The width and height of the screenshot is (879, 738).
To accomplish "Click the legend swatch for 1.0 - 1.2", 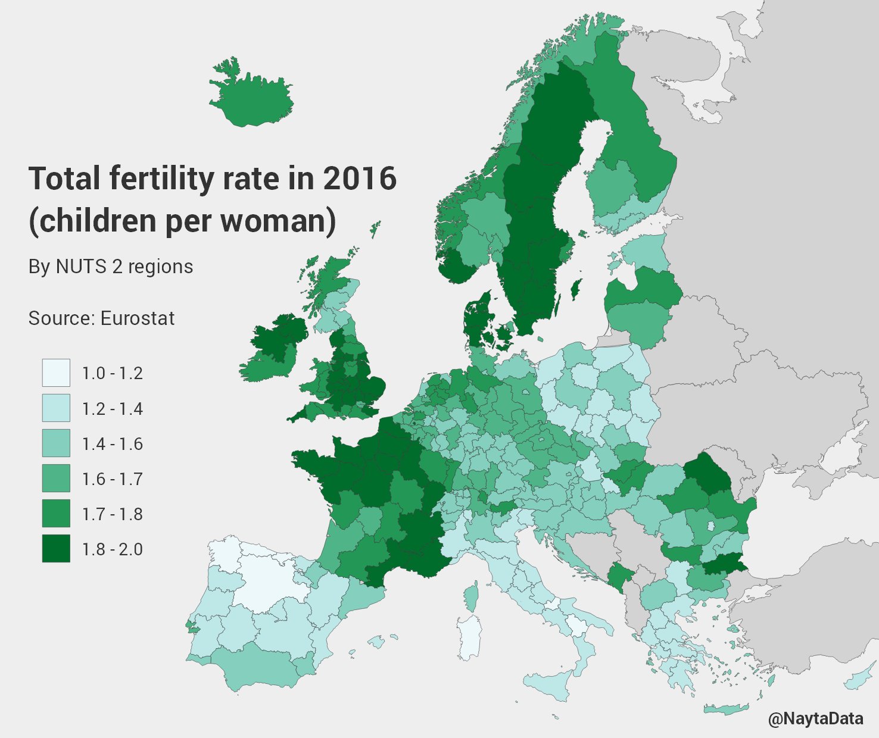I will click(x=56, y=373).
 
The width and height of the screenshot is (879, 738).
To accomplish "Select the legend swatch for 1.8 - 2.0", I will click(x=56, y=549).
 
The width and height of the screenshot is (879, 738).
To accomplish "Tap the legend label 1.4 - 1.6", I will click(x=112, y=444).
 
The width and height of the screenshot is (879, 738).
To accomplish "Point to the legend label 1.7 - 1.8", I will click(x=112, y=514).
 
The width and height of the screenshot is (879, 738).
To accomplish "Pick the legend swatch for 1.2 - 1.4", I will click(x=56, y=408).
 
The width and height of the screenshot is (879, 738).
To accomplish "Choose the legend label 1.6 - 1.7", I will click(x=112, y=479).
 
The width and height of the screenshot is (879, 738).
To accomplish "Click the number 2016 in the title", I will click(x=360, y=179).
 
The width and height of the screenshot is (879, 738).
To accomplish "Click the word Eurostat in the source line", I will click(x=137, y=318).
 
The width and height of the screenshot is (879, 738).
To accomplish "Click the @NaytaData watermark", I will click(x=815, y=719).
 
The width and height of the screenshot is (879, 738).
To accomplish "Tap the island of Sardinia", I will click(x=470, y=637).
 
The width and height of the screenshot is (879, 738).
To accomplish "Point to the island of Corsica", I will click(x=471, y=596).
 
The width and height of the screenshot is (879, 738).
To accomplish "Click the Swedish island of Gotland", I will click(x=575, y=290).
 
